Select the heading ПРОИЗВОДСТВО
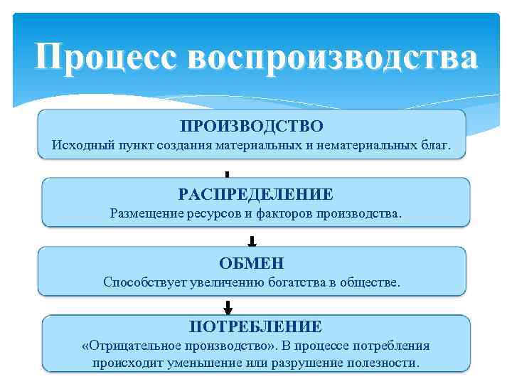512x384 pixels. [x=252, y=127]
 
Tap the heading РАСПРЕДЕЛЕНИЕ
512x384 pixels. [x=256, y=194]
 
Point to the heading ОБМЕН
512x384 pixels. [x=252, y=264]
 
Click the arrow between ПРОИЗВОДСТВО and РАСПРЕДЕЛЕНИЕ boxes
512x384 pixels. [x=227, y=175]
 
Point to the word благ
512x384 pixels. [x=435, y=146]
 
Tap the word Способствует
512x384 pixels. [x=144, y=282]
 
